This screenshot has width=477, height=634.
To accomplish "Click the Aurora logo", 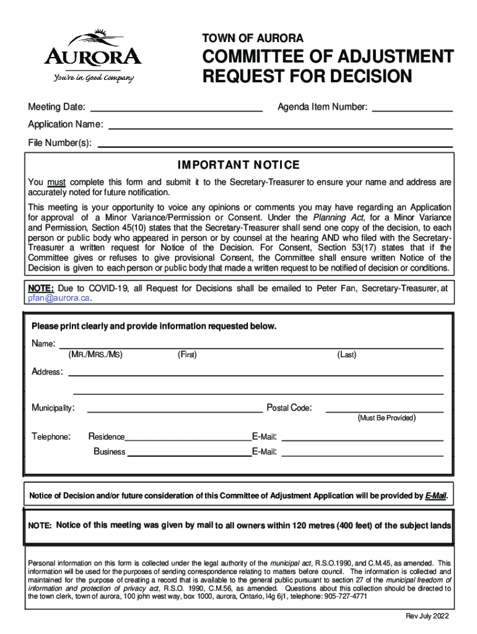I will (x=93, y=56).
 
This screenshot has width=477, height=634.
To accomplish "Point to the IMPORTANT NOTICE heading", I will (x=239, y=165).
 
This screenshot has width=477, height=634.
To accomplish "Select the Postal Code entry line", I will (x=385, y=410).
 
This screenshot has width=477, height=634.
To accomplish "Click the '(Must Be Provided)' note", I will (x=386, y=419).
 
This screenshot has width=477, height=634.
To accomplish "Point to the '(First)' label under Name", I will (x=187, y=355).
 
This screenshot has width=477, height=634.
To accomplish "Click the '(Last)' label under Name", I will (x=346, y=355).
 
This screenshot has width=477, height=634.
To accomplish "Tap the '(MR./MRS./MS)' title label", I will (x=95, y=355).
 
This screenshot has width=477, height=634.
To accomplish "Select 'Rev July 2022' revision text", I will (x=427, y=617).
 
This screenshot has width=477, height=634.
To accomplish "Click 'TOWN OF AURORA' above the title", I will (x=253, y=39).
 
